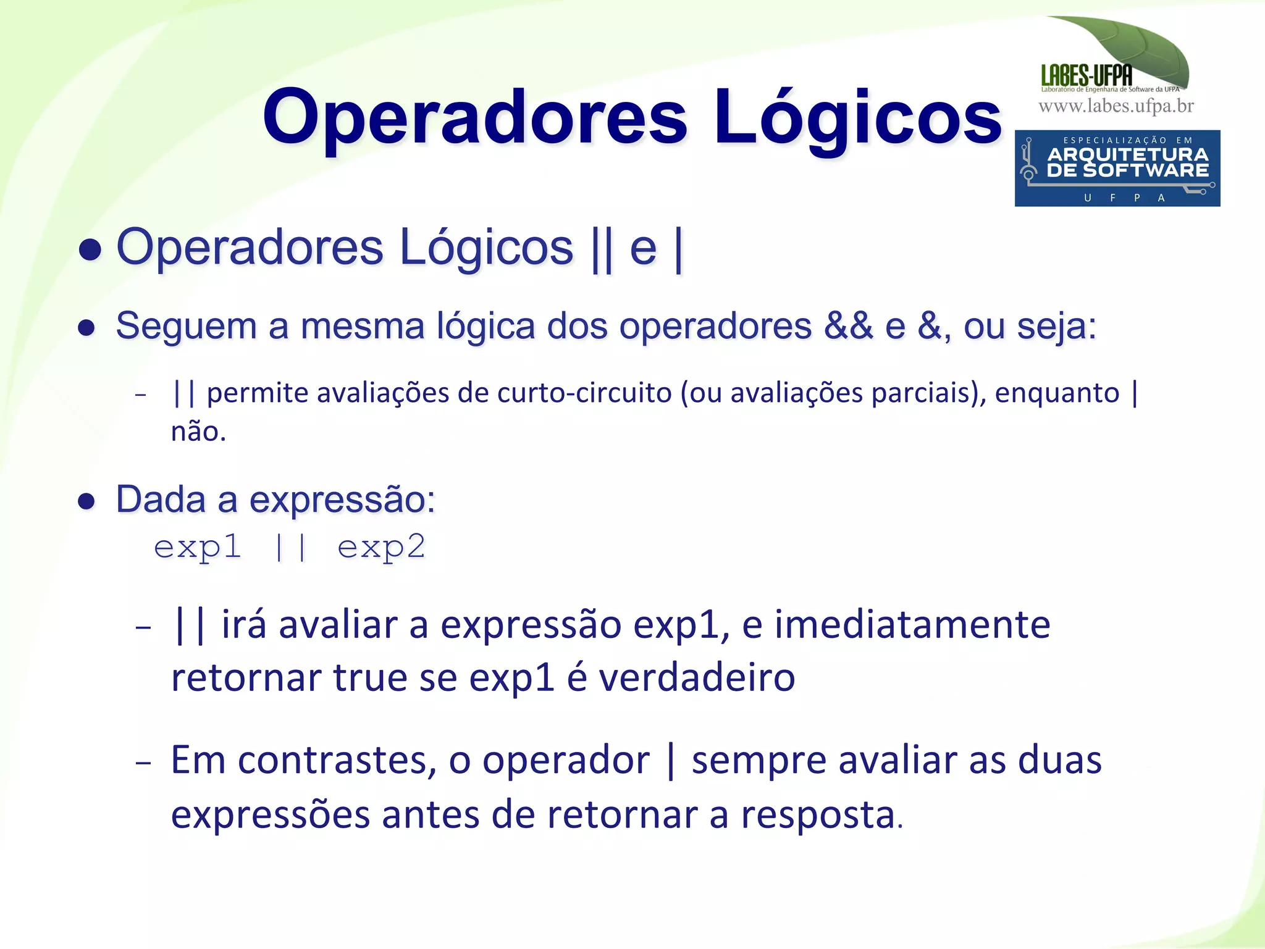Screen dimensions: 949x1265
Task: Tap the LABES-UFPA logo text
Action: (1087, 75)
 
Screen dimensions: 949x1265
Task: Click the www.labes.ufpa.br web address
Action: (1116, 106)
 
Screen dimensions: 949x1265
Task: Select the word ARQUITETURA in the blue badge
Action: (1128, 154)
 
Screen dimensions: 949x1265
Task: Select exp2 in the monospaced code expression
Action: (381, 547)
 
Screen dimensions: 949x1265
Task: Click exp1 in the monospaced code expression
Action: (197, 547)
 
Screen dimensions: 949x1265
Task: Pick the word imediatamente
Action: (912, 624)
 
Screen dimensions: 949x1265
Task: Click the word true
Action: (369, 677)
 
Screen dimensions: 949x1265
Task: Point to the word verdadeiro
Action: (697, 677)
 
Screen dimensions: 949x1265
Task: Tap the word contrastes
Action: (333, 760)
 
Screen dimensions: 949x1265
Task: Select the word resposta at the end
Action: (818, 814)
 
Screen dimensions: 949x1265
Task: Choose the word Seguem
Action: (186, 327)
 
